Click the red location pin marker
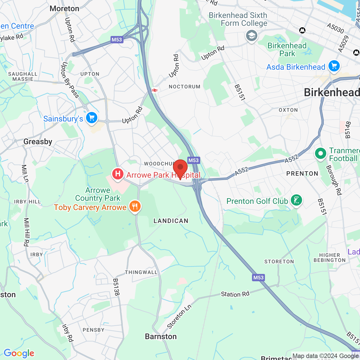tap(180, 168)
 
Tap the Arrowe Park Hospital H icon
tap(118, 174)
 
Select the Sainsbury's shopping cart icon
tap(92, 118)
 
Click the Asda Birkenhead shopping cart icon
tap(334, 66)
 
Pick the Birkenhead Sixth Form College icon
tap(251, 36)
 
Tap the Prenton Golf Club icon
tap(296, 201)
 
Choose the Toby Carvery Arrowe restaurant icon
tap(135, 207)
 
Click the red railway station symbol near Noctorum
tap(154, 90)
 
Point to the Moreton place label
tap(64, 9)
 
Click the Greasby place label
tap(38, 141)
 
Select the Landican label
tap(171, 221)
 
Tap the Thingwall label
tap(141, 272)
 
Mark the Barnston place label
tap(161, 336)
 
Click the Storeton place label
tap(279, 262)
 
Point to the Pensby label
tap(94, 330)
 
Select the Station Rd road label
tap(235, 294)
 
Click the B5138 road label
tap(116, 287)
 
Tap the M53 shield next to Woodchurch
tap(193, 160)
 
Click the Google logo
tap(19, 353)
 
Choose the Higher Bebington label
tap(330, 258)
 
